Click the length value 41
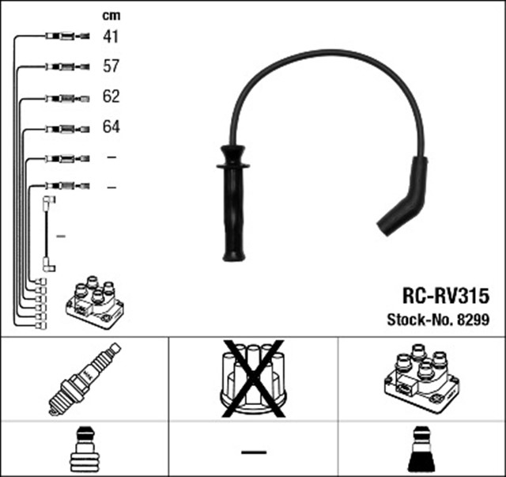(111, 36)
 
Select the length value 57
(111, 66)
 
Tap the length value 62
(111, 97)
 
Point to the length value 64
(111, 127)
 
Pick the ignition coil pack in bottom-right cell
(420, 378)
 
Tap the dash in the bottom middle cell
(253, 451)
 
